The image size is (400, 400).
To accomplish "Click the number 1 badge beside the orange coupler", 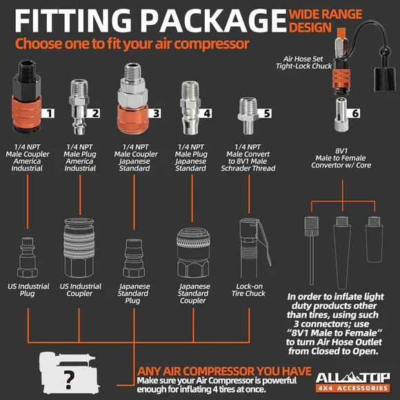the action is (48, 113).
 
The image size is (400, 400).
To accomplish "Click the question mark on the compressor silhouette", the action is (69, 380).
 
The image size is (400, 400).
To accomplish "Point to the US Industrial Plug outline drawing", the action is (28, 257).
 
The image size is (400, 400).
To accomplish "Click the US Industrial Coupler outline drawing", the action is (79, 248).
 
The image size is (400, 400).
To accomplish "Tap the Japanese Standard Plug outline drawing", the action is (134, 258).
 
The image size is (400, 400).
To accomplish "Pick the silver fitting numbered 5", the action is (248, 116).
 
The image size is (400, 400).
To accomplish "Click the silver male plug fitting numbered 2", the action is (79, 107).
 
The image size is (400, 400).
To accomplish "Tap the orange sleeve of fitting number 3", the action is (132, 119).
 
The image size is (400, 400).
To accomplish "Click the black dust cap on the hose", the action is (384, 79).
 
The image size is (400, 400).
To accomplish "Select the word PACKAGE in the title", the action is (213, 21).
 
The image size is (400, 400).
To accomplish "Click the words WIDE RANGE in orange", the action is (326, 14).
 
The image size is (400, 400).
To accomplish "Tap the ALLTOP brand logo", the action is (353, 381).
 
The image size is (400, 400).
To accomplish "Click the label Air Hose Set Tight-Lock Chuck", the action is (303, 63).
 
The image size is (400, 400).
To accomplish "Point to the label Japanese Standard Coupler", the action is (194, 293).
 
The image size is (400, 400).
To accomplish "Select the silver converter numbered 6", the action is (341, 114).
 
